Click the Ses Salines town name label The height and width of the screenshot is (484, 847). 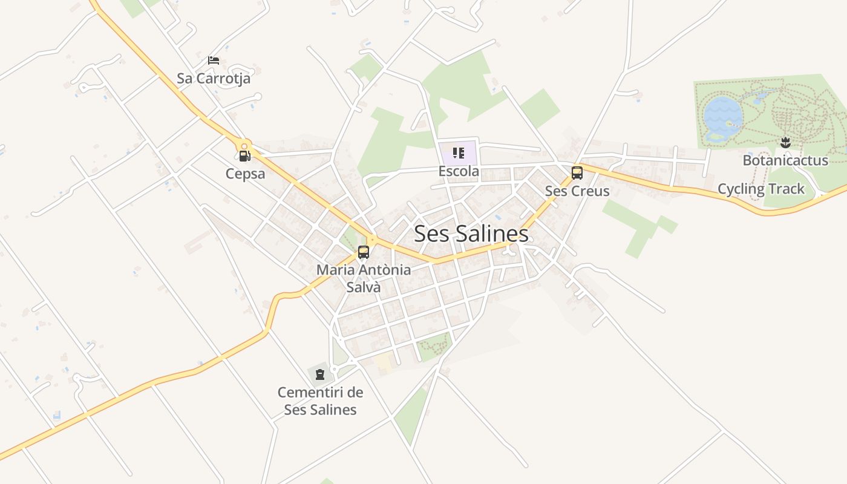tap(471, 234)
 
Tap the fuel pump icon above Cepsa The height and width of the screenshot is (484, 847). tap(244, 157)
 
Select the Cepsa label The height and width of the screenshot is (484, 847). tap(245, 174)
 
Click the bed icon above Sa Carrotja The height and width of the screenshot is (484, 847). tap(214, 60)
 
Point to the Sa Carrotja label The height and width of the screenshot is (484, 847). tap(214, 79)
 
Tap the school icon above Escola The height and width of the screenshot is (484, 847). tap(458, 153)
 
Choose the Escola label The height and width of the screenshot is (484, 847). tap(459, 171)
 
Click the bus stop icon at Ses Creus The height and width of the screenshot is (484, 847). tap(577, 173)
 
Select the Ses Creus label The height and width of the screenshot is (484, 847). tap(577, 191)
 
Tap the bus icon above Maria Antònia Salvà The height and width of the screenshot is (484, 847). tap(364, 252)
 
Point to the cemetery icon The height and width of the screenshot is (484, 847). tap(320, 374)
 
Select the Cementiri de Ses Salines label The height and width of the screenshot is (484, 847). tap(321, 401)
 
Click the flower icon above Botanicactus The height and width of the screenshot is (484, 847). tap(785, 143)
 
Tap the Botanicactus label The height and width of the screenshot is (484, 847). tap(785, 160)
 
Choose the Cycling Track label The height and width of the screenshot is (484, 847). tap(761, 189)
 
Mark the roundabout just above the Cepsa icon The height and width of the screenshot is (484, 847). tap(244, 145)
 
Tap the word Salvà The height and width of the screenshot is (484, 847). tap(364, 287)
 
